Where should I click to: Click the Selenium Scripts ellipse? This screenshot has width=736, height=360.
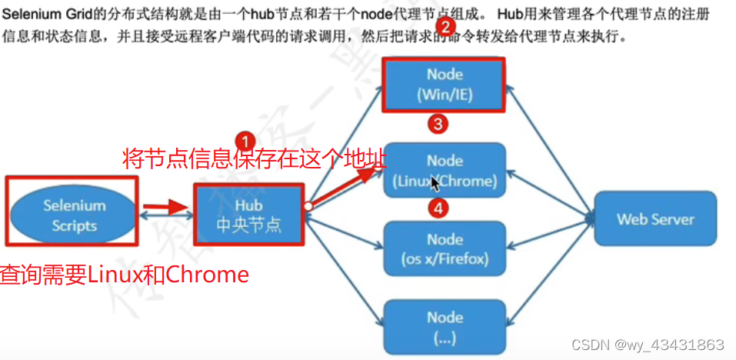coord(74,215)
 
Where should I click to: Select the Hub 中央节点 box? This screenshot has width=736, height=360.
coord(248,215)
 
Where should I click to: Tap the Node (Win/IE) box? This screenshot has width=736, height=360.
coord(445,85)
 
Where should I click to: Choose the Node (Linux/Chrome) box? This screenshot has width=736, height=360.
coord(445,171)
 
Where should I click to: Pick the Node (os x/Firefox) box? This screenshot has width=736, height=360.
coord(445,248)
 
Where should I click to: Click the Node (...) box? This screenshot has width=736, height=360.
coord(445,326)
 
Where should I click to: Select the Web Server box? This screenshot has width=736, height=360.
coord(654,219)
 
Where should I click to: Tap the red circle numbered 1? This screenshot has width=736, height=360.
coord(245,142)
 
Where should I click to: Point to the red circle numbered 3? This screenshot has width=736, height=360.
coord(438,125)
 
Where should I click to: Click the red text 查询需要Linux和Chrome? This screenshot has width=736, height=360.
coord(125,275)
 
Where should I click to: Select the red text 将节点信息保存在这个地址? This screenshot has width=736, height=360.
coord(254,158)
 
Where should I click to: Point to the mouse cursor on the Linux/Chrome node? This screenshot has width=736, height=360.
coord(435,183)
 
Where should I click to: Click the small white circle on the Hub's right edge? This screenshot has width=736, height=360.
coord(307,206)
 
